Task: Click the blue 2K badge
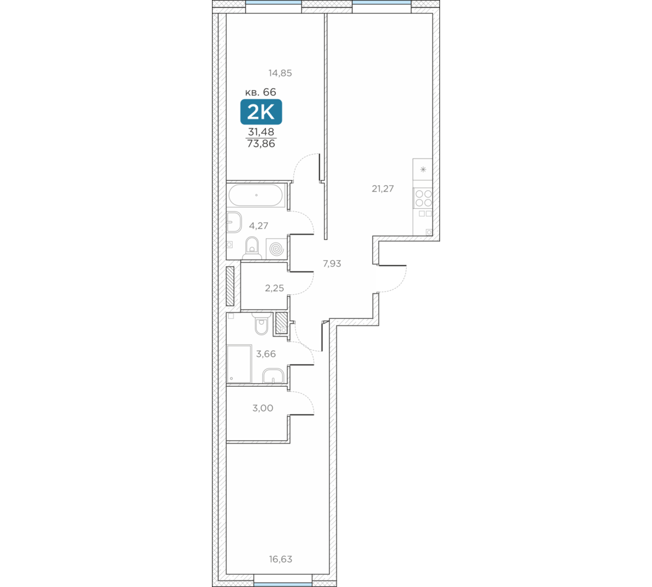click(261, 112)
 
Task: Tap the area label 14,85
click(280, 73)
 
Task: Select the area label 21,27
click(383, 189)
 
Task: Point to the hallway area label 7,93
click(332, 263)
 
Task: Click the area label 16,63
click(280, 559)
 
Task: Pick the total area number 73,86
click(261, 144)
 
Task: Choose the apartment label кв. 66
click(261, 92)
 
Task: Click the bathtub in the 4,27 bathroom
click(256, 195)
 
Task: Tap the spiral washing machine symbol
click(276, 248)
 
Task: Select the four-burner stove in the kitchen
click(423, 198)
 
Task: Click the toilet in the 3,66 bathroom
click(261, 324)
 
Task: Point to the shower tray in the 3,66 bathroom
click(239, 363)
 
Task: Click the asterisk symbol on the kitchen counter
click(423, 170)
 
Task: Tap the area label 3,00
click(263, 408)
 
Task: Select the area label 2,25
click(274, 288)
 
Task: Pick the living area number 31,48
click(261, 132)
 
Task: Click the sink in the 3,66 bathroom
click(273, 376)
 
